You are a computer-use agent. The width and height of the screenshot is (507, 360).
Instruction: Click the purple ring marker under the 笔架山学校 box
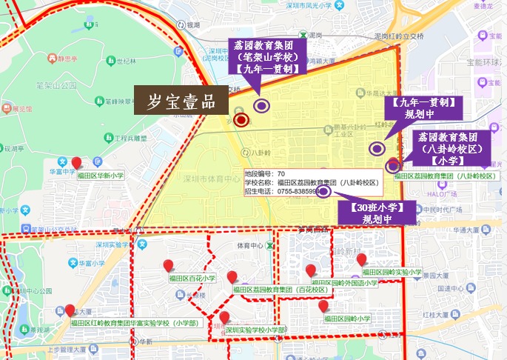[x=261, y=105]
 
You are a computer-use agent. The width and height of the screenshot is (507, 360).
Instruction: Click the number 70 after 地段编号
[x=281, y=173]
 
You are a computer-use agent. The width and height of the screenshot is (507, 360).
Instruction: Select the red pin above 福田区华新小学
[x=76, y=163]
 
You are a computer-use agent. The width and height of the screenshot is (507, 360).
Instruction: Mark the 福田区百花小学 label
[x=192, y=279]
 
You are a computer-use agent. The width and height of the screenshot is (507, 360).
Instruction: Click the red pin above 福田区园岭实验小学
[x=362, y=259]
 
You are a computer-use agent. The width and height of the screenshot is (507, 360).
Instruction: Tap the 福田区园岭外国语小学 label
[x=347, y=283]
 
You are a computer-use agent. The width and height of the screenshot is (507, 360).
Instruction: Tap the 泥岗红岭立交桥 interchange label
[x=398, y=35]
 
